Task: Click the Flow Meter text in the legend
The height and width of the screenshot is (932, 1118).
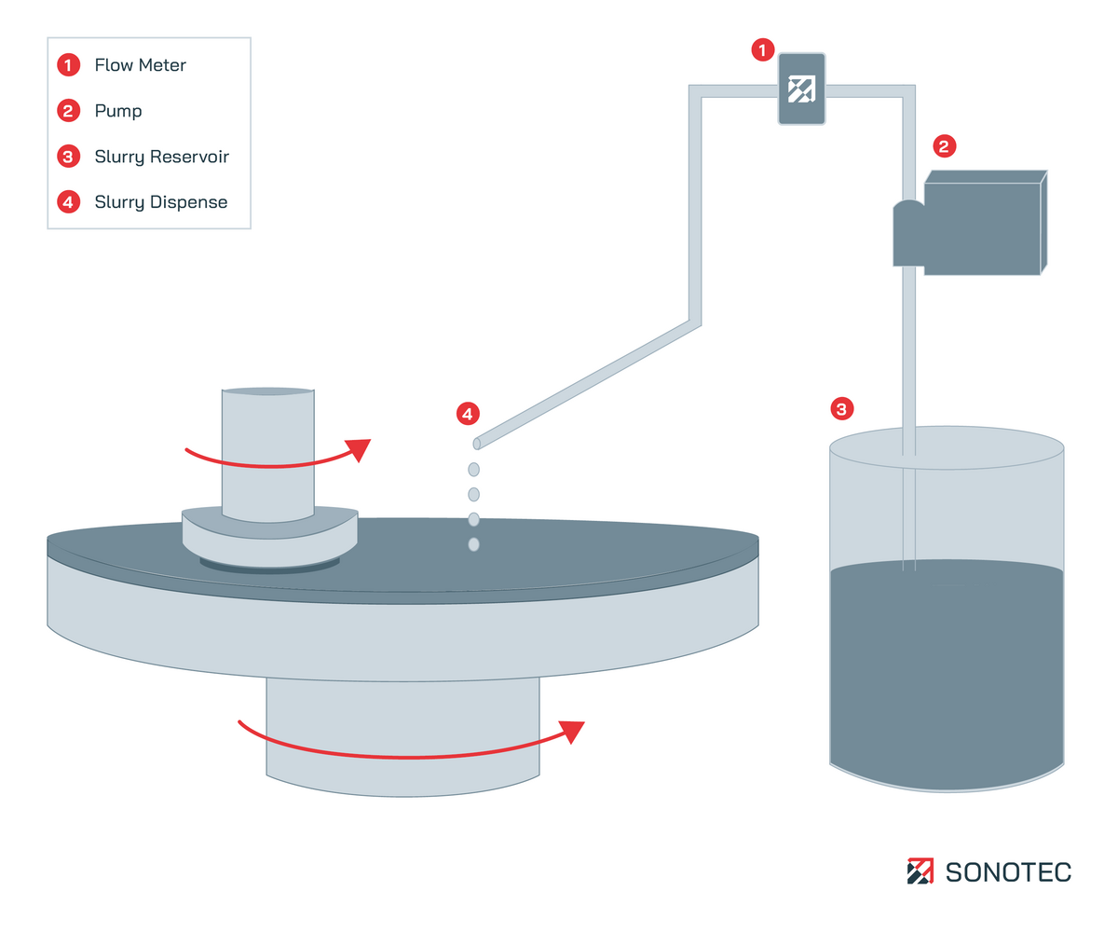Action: [x=140, y=65]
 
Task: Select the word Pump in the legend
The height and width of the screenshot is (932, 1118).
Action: [x=118, y=111]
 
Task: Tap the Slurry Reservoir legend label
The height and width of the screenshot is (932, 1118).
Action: [x=161, y=157]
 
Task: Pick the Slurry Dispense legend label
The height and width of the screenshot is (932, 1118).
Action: [x=160, y=202]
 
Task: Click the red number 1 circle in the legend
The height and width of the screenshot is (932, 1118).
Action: [x=68, y=65]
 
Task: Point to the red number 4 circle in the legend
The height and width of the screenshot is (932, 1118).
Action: [x=68, y=202]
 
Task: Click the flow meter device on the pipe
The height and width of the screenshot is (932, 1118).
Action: [x=801, y=89]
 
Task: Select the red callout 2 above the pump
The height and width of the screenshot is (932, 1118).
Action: [x=944, y=146]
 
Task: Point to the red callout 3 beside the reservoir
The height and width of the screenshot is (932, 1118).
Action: [x=841, y=408]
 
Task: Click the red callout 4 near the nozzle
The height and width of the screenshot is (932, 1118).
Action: [x=468, y=412]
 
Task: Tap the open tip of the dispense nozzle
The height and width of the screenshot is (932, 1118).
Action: [x=477, y=444]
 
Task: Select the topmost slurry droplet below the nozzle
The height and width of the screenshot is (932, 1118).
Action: [x=473, y=469]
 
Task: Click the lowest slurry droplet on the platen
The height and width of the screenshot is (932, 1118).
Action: [x=473, y=543]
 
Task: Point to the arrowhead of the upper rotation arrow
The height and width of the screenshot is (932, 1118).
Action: [x=359, y=449]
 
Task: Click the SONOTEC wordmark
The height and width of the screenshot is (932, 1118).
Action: [x=1008, y=872]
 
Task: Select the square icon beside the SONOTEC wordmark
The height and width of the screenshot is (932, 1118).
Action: [x=920, y=871]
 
